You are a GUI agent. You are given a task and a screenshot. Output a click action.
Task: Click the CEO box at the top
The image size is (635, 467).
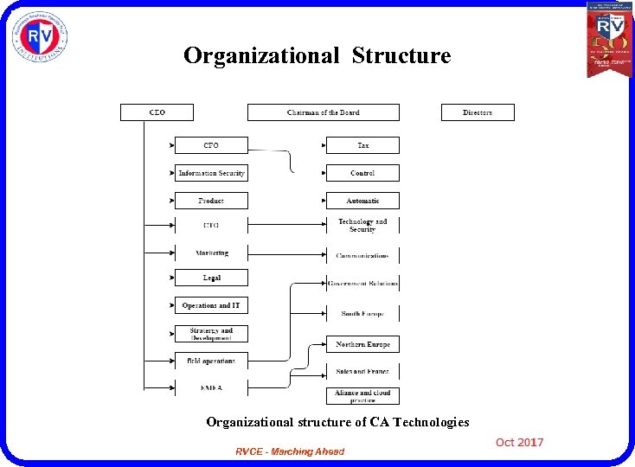click(x=157, y=112)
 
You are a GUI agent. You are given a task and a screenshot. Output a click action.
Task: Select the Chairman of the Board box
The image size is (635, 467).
click(x=324, y=112)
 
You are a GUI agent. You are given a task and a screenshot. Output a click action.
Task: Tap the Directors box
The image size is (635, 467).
click(x=478, y=112)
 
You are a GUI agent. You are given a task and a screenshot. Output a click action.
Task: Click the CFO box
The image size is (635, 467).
click(x=211, y=145)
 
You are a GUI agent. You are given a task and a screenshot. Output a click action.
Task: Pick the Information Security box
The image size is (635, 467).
click(x=211, y=173)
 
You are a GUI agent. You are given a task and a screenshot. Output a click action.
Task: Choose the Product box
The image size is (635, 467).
click(x=211, y=201)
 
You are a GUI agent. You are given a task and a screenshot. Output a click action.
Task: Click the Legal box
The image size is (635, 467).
click(x=211, y=278)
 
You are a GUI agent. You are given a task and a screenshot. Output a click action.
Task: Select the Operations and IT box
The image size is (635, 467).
click(x=211, y=305)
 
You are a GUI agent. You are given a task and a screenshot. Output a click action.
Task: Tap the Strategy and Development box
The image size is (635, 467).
click(x=211, y=333)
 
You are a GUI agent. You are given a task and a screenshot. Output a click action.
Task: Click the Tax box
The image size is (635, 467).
click(x=362, y=145)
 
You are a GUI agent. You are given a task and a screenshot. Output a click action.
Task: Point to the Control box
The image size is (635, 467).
click(x=362, y=173)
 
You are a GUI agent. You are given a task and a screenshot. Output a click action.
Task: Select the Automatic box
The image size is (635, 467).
click(x=362, y=201)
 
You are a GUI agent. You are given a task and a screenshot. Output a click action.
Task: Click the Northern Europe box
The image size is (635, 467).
click(x=362, y=344)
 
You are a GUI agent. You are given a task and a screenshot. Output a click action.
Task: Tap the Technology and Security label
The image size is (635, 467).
click(x=362, y=225)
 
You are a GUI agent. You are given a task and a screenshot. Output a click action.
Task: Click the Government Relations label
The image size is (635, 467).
click(x=362, y=283)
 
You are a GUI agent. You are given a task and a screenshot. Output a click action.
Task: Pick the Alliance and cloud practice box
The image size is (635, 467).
click(x=362, y=396)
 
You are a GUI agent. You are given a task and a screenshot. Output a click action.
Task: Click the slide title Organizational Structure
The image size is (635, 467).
click(x=317, y=56)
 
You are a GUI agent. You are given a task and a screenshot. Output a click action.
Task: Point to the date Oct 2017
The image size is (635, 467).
click(x=519, y=443)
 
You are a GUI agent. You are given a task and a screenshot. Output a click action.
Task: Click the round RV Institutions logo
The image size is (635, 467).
click(x=40, y=36)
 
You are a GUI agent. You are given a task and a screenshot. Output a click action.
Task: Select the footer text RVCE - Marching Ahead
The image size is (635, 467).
click(x=290, y=451)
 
